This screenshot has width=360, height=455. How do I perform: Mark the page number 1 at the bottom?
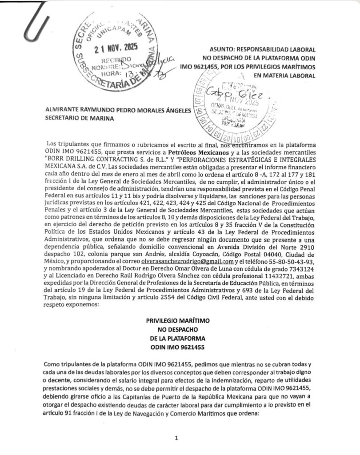coord(177,438)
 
